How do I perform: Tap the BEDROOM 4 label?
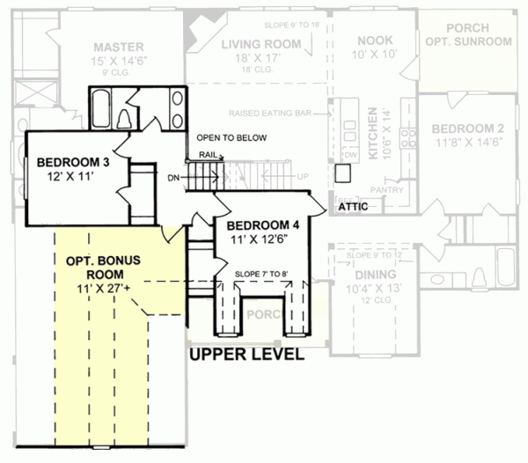pos(264,225)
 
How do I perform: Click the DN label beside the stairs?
pos(173,178)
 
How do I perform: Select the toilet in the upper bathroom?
pos(125,119)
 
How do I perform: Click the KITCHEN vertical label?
pos(372,133)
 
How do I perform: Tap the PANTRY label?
pos(387,189)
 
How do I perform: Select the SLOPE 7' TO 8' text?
pos(261,274)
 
